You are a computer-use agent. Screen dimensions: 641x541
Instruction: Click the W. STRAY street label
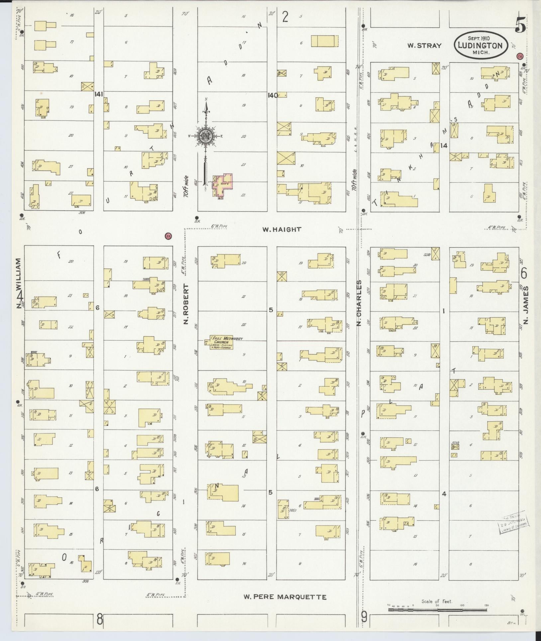pyautogui.click(x=424, y=46)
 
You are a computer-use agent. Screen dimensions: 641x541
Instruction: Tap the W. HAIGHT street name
pyautogui.click(x=281, y=229)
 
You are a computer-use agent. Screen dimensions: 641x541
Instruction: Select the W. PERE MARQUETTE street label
pyautogui.click(x=285, y=597)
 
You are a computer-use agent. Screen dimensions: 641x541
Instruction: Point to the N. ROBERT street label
pyautogui.click(x=186, y=304)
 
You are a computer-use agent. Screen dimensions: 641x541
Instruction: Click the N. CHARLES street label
pyautogui.click(x=359, y=302)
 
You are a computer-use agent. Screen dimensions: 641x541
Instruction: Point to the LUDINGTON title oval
pyautogui.click(x=481, y=45)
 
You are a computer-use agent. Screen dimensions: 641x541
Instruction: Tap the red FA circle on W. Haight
pyautogui.click(x=169, y=236)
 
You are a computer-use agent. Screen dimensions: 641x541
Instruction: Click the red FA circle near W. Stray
pyautogui.click(x=520, y=56)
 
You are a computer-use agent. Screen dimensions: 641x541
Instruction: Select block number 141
pyautogui.click(x=98, y=94)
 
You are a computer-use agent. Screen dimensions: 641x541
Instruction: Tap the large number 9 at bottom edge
pyautogui.click(x=364, y=618)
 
